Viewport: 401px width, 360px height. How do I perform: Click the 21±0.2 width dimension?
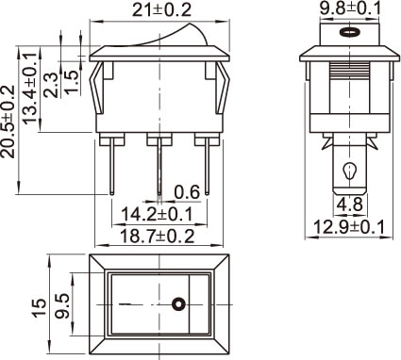coord(161,10)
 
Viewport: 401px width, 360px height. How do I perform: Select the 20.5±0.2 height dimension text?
coord(8,122)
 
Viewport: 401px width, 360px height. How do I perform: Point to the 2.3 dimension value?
coord(51,86)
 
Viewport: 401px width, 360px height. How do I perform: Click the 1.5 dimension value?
coord(71,82)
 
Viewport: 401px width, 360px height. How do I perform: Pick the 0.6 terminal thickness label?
coord(187,192)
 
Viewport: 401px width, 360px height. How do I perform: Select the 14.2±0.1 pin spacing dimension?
coord(157,215)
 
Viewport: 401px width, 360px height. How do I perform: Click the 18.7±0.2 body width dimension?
coord(158,236)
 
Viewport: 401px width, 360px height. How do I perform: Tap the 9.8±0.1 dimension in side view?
coord(350,8)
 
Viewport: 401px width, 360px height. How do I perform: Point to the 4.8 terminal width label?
coord(350,205)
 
